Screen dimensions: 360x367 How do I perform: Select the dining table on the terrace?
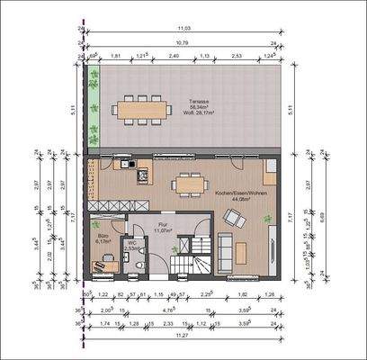pos(141,110)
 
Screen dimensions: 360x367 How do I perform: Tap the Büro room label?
pos(102,238)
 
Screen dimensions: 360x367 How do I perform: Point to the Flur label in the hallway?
pos(163,227)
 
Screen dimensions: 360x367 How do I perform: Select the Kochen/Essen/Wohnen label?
pos(238,193)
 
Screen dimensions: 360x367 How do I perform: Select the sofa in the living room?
pos(226,251)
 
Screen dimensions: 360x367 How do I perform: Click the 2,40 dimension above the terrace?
pos(175,56)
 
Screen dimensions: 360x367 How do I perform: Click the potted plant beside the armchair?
pos(267,219)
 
